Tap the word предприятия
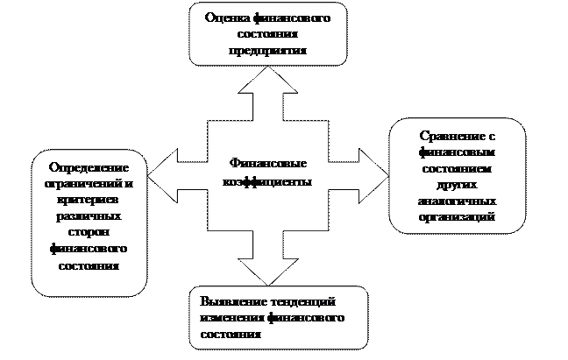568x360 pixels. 266,51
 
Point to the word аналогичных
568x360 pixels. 458,201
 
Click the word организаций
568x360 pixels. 458,216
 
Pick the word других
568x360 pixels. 458,185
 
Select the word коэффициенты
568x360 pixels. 266,180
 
